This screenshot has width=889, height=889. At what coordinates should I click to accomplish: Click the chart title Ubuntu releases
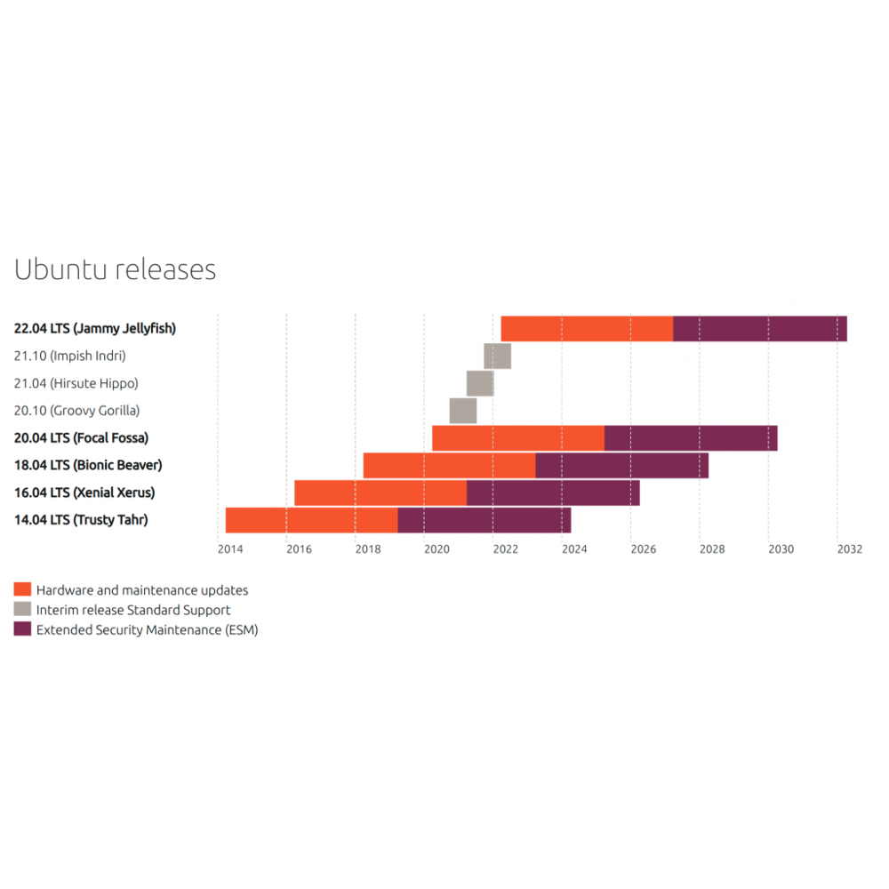(x=116, y=269)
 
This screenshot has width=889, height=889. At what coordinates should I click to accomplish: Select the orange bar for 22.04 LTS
(x=587, y=329)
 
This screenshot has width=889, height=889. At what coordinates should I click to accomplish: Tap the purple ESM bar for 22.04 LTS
(x=760, y=329)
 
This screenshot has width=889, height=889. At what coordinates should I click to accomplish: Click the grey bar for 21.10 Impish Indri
(x=497, y=356)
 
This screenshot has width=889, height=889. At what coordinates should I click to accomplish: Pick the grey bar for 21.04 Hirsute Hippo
(x=480, y=383)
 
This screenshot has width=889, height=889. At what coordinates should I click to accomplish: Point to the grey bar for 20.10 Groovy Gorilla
(x=462, y=411)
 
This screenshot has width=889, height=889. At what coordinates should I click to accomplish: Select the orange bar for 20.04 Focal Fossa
(x=518, y=438)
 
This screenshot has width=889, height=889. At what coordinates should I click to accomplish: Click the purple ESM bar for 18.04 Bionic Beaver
(x=621, y=466)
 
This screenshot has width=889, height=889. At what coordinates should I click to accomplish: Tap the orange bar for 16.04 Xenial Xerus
(x=380, y=493)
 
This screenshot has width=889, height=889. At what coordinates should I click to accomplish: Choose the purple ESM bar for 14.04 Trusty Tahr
(x=484, y=520)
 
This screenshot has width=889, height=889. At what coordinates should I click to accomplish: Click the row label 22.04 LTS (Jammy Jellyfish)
(x=95, y=328)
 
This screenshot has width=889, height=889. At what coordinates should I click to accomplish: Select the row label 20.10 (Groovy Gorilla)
(x=77, y=411)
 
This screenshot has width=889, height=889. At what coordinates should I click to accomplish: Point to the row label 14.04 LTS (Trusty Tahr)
(x=81, y=520)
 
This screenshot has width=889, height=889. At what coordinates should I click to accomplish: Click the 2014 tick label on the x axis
(x=230, y=549)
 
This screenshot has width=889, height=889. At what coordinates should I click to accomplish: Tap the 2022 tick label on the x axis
(x=506, y=549)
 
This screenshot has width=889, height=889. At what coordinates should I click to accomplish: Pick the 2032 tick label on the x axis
(x=850, y=549)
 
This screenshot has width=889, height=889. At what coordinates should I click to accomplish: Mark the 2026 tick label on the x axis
(x=644, y=549)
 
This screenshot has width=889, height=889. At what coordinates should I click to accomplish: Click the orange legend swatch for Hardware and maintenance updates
(x=23, y=589)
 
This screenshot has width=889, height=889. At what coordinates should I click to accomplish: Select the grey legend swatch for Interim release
(x=23, y=610)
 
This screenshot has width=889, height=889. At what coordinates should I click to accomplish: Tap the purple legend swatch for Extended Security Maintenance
(x=23, y=629)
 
